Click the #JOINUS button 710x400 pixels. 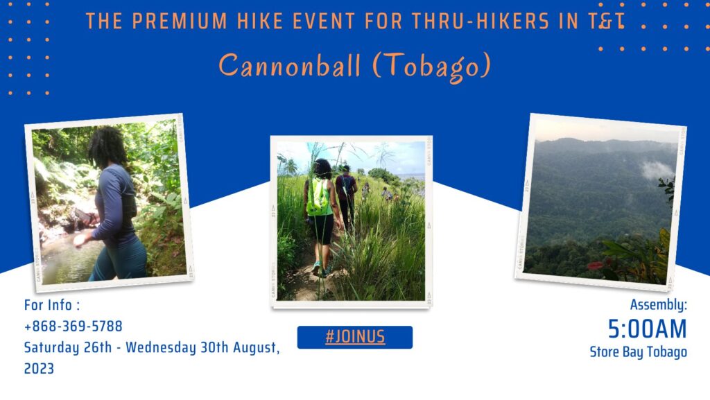click(354, 338)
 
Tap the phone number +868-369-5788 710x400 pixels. click(73, 326)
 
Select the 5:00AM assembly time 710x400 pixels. click(647, 329)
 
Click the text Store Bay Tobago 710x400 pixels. click(638, 352)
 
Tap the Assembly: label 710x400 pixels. click(658, 305)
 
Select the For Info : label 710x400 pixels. click(53, 305)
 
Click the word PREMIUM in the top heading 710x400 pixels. click(174, 21)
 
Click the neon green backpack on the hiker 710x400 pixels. click(319, 198)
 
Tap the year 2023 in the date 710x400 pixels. click(39, 369)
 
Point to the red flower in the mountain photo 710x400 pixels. click(596, 265)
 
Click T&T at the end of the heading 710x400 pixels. click(608, 21)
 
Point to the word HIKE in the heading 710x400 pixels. click(253, 21)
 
